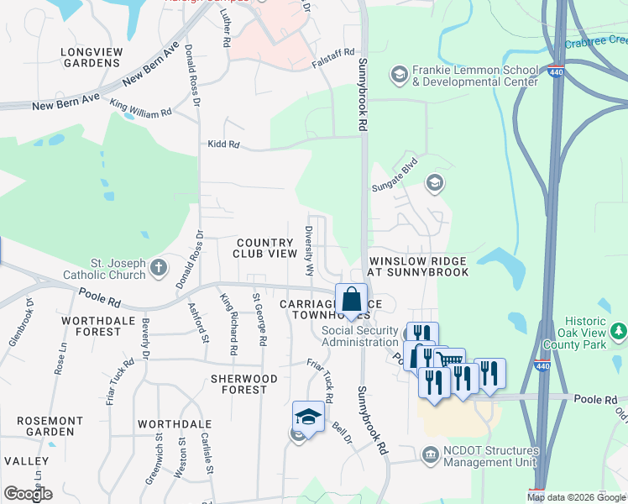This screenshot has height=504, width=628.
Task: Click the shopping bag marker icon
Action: (352, 298)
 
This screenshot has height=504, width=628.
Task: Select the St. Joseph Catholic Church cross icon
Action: (160, 269)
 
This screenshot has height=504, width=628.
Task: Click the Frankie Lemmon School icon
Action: (399, 76)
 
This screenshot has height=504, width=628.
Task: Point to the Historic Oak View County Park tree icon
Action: (619, 332)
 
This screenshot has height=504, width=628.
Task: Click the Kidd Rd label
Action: (224, 145)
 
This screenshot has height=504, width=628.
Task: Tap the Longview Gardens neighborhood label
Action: (91, 57)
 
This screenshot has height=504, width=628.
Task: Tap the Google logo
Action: (28, 494)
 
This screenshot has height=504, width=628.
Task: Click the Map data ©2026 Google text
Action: (575, 497)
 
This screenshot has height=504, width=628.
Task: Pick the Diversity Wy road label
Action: (309, 251)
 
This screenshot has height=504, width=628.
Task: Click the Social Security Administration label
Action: (359, 336)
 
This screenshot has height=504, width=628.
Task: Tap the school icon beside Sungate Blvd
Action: (434, 182)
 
